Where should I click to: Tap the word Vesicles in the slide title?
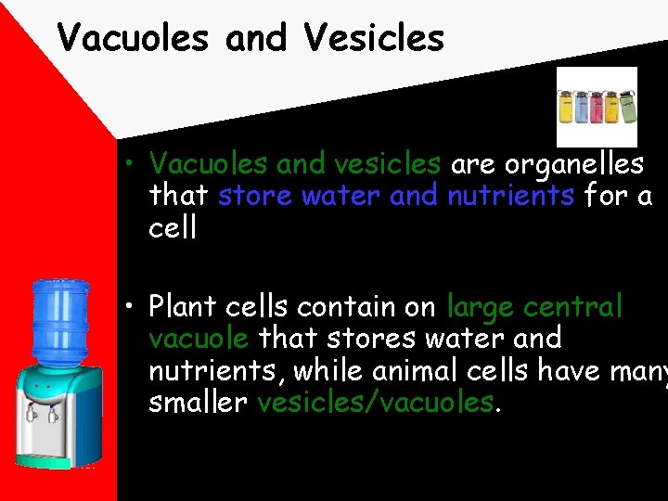pyautogui.click(x=373, y=38)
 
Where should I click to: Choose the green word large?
pyautogui.click(x=481, y=306)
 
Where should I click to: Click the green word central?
pyautogui.click(x=573, y=306)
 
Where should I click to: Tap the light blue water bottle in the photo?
pyautogui.click(x=582, y=107)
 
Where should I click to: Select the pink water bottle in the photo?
pyautogui.click(x=597, y=107)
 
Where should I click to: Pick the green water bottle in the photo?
pyautogui.click(x=627, y=107)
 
